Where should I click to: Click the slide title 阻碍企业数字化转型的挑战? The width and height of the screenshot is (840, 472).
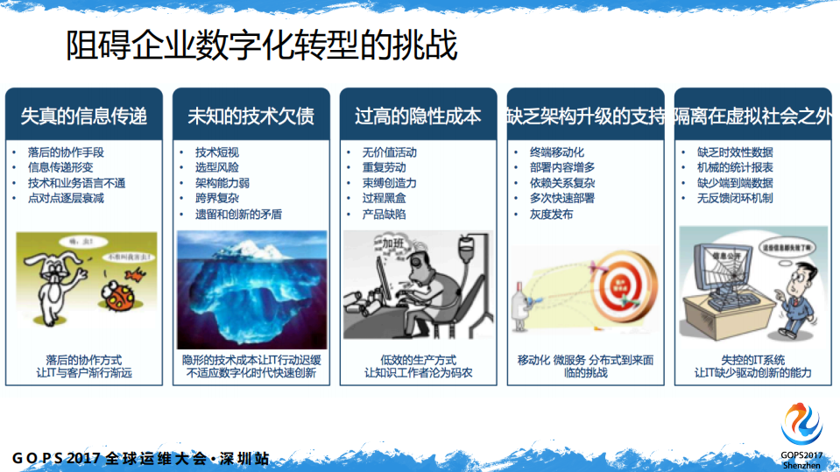(x=262, y=46)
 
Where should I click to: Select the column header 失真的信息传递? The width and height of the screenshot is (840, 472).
(x=84, y=116)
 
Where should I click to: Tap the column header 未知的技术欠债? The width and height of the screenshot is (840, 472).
(x=251, y=116)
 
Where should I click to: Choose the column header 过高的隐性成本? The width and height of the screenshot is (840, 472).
(x=418, y=116)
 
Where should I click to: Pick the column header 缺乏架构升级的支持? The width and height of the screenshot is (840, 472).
(x=585, y=116)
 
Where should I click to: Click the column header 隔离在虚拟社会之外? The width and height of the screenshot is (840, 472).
(x=752, y=116)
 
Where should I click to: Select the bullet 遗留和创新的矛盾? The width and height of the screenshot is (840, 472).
(x=237, y=215)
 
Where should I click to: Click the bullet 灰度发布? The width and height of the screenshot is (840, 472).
(x=551, y=215)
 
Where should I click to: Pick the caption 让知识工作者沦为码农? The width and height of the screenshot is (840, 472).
(x=419, y=372)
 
